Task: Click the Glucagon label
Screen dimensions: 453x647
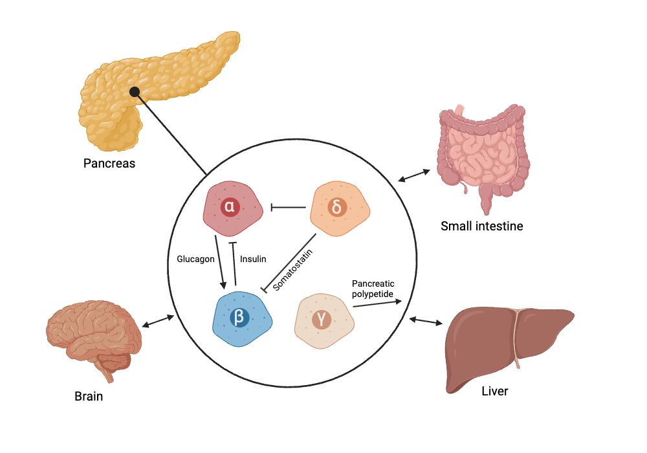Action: tap(195, 259)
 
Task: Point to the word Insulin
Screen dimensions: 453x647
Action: tap(252, 259)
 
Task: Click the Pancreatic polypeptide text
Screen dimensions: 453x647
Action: tap(373, 289)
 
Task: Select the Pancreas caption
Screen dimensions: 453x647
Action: tap(109, 163)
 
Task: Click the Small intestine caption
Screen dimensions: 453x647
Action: tap(482, 226)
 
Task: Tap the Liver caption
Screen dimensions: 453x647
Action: tap(495, 392)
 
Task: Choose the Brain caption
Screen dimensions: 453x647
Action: tap(89, 396)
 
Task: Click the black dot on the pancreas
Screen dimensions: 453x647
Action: tap(135, 92)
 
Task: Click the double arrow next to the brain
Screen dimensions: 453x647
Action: tap(158, 321)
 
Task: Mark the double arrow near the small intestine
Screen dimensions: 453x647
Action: tap(415, 175)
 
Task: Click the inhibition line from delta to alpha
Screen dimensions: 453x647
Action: tap(288, 208)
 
